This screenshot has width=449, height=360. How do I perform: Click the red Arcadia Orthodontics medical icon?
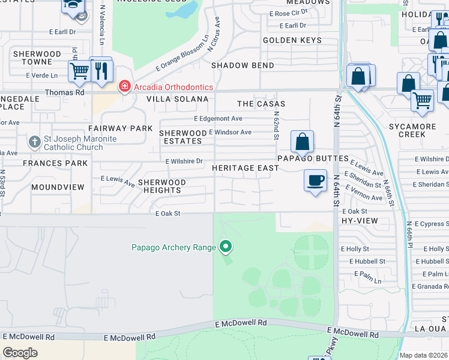[x=124, y=87]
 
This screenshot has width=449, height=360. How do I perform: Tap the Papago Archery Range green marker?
[x=226, y=246]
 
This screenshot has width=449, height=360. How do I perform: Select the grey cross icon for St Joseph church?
[x=35, y=143]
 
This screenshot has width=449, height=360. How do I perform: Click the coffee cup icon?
[x=315, y=180]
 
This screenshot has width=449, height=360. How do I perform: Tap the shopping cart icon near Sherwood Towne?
[x=79, y=71]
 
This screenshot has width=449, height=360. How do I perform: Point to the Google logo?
[x=20, y=353]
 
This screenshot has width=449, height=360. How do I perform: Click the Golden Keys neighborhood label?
[x=292, y=40]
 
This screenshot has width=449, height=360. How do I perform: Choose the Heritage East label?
[x=245, y=168]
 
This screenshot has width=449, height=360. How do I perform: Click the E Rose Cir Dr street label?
[x=288, y=13]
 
